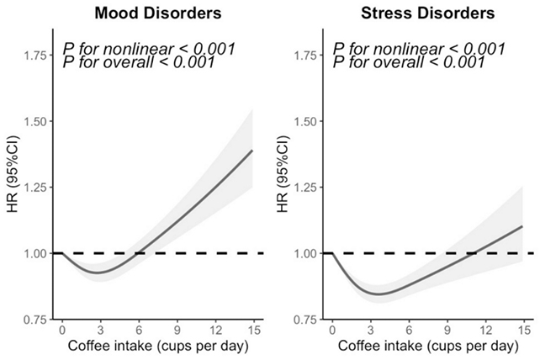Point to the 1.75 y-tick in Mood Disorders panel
[35, 56]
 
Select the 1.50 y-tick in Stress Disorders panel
[305, 121]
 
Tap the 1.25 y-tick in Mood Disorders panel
[35, 188]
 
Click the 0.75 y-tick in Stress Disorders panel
[305, 320]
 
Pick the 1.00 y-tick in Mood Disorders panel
[35, 253]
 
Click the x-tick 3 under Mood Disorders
[100, 331]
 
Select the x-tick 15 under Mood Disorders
[253, 331]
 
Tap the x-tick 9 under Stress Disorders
[447, 331]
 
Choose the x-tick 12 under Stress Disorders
[485, 331]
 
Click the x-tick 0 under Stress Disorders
[331, 331]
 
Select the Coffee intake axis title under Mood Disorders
[157, 347]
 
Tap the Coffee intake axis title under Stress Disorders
[427, 347]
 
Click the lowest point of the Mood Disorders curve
[98, 273]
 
